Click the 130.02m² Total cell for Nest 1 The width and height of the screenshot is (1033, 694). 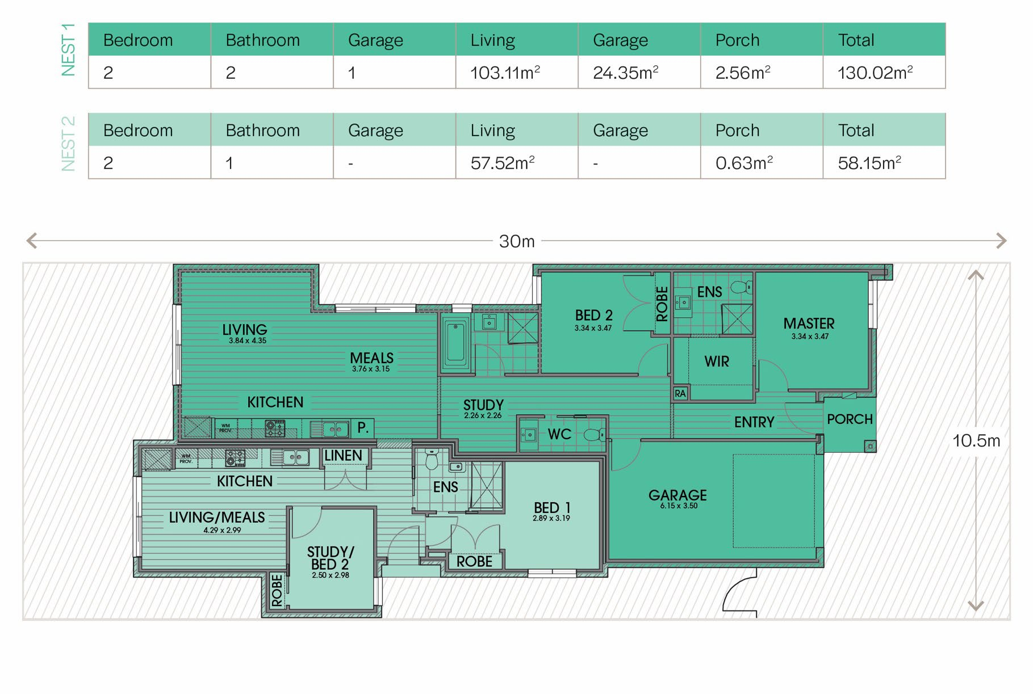click(875, 73)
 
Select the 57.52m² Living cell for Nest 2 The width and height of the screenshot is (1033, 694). click(503, 163)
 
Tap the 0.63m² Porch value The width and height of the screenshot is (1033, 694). click(744, 163)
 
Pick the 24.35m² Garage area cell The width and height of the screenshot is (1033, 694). click(625, 73)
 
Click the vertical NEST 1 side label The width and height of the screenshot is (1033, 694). click(68, 50)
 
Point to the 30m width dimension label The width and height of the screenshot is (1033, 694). click(517, 241)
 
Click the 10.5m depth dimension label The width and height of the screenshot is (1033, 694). click(976, 440)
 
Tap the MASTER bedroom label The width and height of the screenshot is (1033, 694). click(809, 323)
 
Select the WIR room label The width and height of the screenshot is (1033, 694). click(717, 361)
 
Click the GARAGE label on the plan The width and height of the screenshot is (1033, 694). click(677, 495)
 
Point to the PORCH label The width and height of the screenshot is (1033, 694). click(850, 419)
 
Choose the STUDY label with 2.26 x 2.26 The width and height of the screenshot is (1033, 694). click(483, 409)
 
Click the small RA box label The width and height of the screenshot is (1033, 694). click(680, 393)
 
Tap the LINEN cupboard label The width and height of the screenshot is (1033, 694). click(343, 456)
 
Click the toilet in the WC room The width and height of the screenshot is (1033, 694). click(594, 435)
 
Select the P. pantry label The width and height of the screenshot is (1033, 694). click(363, 427)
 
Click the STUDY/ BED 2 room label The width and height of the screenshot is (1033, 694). click(331, 562)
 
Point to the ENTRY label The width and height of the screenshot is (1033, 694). click(754, 422)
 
